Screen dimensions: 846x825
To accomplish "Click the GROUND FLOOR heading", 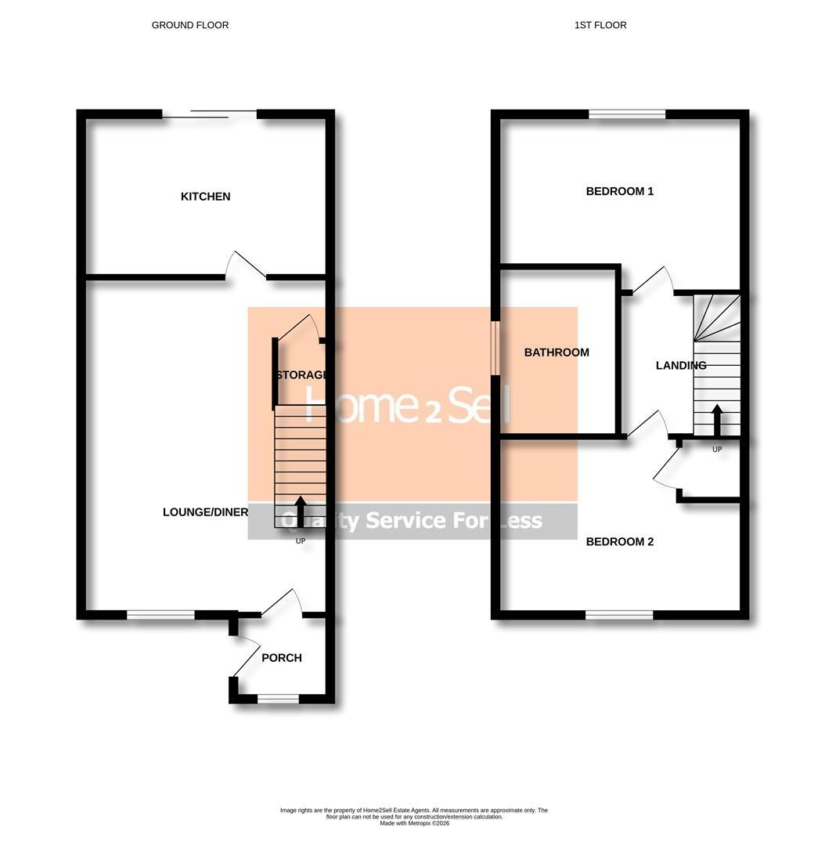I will click(x=190, y=25).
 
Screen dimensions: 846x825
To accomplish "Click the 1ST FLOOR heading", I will click(x=600, y=25).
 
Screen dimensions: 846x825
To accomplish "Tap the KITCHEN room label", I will click(x=206, y=197).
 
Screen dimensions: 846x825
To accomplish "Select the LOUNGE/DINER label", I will click(x=205, y=512).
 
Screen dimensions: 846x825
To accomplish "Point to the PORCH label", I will click(x=282, y=658).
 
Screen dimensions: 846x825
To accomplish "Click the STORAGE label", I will click(x=301, y=375).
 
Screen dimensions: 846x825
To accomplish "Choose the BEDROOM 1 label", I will click(x=620, y=191).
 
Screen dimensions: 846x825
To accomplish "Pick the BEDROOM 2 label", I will click(x=620, y=541).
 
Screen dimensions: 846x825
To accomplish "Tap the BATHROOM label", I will click(x=557, y=352).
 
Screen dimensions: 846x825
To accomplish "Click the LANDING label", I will click(x=681, y=365).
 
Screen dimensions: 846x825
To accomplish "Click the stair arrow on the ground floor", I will click(x=300, y=512).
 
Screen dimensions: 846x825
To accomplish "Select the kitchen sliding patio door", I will click(x=210, y=115).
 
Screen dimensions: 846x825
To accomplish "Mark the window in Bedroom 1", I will click(x=627, y=114).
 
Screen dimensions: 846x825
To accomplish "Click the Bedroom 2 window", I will click(x=619, y=615).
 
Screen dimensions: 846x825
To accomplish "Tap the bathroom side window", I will click(x=495, y=348).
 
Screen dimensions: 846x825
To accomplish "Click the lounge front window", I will click(x=160, y=615).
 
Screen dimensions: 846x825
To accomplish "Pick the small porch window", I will click(x=278, y=699).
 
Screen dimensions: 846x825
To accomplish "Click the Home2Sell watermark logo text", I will click(x=407, y=404).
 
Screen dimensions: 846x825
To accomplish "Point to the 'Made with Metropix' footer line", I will click(x=414, y=823).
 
